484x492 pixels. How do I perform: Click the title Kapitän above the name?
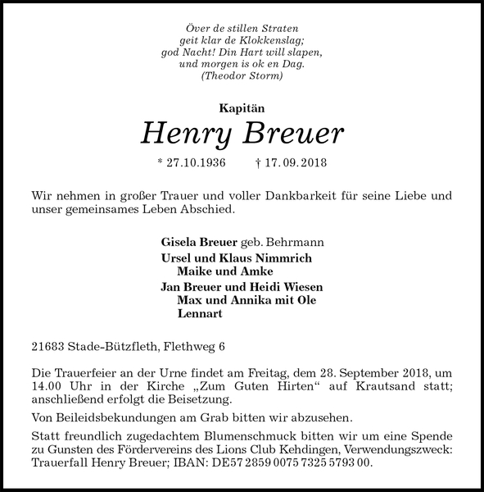pos(242,107)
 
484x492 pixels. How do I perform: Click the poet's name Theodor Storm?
pos(242,76)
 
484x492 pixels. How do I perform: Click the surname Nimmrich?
pos(284,257)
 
